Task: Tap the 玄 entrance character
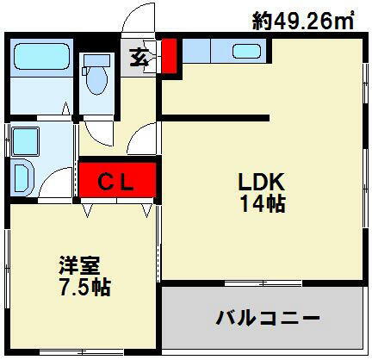[x=138, y=59]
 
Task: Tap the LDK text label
[x=261, y=183]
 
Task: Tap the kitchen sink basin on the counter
[x=252, y=51]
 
